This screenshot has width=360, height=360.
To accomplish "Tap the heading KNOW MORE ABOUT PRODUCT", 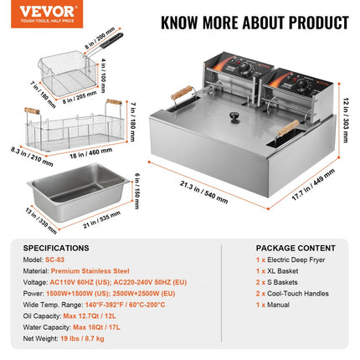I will click(x=243, y=22).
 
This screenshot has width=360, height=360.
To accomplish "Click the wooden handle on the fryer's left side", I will click(x=182, y=95).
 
